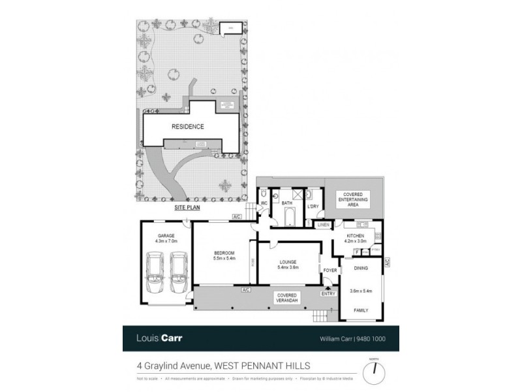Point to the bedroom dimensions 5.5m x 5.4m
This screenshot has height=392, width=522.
tap(224, 258)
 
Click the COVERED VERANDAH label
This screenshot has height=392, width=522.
tap(288, 298)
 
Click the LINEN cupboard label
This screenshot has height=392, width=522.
tap(322, 225)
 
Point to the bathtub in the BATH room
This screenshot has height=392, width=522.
tap(290, 216)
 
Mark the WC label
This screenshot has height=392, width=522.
tap(265, 203)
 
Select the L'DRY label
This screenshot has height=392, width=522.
tap(312, 208)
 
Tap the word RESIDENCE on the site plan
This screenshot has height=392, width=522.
tap(188, 127)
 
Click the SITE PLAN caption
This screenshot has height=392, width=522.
tap(187, 207)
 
